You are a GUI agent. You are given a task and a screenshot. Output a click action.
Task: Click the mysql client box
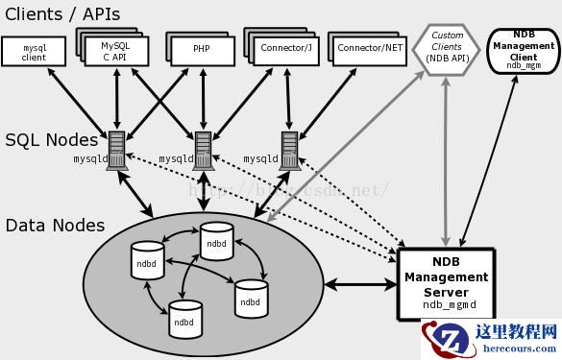click(35, 52)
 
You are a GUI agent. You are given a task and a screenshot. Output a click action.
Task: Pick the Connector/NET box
click(365, 47)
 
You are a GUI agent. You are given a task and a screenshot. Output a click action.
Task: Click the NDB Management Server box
click(445, 283)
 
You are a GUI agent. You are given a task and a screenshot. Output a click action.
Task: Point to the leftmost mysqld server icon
click(117, 151)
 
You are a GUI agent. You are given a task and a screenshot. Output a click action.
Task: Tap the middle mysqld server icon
click(202, 151)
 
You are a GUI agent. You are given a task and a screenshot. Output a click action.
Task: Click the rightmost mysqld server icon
click(286, 151)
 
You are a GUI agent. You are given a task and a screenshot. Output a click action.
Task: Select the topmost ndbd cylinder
click(217, 242)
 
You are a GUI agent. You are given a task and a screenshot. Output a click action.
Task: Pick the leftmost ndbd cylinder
click(146, 259)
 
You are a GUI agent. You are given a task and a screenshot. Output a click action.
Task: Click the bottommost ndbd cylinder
click(184, 320)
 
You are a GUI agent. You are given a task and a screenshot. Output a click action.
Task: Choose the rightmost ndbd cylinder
click(251, 299)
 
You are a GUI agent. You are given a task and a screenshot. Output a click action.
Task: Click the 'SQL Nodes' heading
click(51, 140)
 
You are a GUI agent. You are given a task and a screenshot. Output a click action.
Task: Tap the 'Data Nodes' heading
click(55, 226)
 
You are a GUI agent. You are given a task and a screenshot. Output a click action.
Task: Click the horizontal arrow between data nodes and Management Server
click(359, 284)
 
